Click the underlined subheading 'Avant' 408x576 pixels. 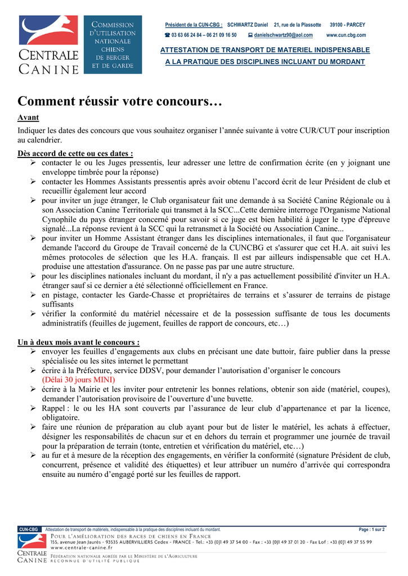pyautogui.click(x=28, y=119)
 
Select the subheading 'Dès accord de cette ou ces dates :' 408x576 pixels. pyautogui.click(x=75, y=153)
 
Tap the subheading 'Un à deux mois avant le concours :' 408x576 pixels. pyautogui.click(x=79, y=342)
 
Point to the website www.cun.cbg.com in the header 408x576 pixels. pyautogui.click(x=346, y=35)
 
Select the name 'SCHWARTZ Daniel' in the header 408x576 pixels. pyautogui.click(x=248, y=25)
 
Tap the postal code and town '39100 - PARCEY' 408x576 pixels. pyautogui.click(x=347, y=25)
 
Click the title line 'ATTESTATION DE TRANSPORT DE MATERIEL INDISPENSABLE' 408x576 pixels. pyautogui.click(x=265, y=50)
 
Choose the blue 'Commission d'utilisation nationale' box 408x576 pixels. pyautogui.click(x=113, y=45)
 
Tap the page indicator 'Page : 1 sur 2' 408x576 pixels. pyautogui.click(x=371, y=529)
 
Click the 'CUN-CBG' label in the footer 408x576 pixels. pyautogui.click(x=29, y=529)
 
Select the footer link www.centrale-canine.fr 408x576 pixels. pyautogui.click(x=82, y=547)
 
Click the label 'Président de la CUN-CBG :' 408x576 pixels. pyautogui.click(x=194, y=25)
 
